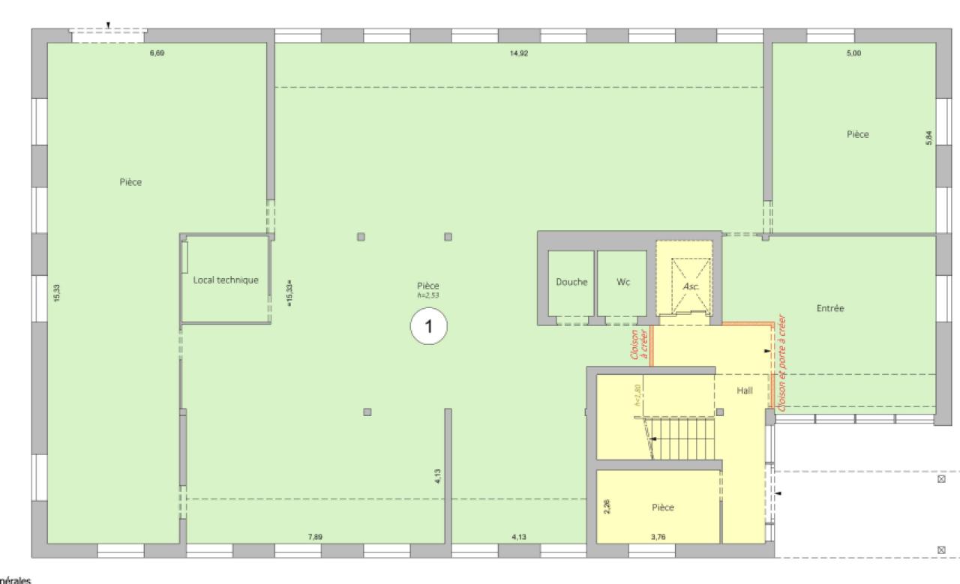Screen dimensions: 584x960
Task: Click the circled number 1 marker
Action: coord(428,327)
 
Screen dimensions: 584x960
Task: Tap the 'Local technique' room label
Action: coord(226,280)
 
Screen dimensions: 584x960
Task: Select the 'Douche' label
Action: coord(571,282)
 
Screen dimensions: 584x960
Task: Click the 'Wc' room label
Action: coord(622,282)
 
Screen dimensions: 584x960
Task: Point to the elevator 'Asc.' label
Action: coord(689,286)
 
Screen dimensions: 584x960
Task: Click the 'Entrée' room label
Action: coord(830,307)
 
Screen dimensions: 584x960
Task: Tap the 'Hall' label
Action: coord(745,390)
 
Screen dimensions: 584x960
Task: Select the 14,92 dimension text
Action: coord(518,52)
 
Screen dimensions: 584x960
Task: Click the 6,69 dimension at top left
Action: coord(157,52)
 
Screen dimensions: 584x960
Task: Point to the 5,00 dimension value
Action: coord(853,52)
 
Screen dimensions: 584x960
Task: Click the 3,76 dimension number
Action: coord(658,537)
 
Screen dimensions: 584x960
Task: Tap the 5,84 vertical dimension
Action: coord(928,139)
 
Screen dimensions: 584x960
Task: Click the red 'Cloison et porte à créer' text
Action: coord(782,362)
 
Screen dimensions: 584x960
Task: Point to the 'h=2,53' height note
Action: coord(428,295)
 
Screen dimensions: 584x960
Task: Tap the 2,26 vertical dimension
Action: coord(607,507)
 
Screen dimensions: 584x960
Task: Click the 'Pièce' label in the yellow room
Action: coord(663,508)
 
